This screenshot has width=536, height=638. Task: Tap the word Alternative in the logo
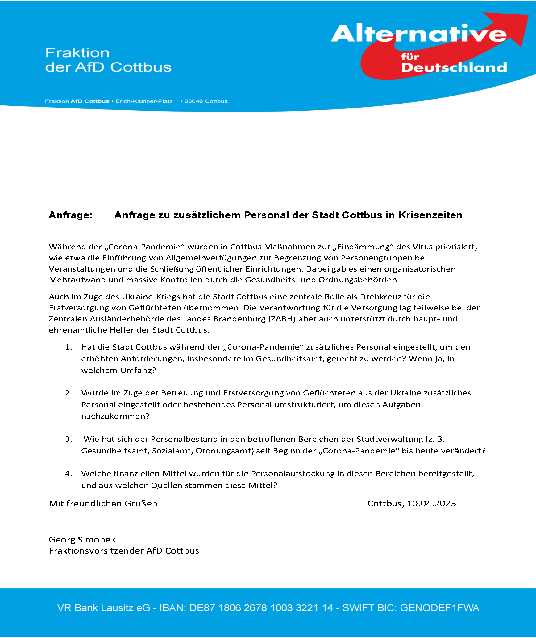tap(418, 34)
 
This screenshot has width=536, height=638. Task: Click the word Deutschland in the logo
tap(454, 67)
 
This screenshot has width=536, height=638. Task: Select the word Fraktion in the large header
tap(77, 53)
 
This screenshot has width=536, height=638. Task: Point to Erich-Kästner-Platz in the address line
tap(144, 101)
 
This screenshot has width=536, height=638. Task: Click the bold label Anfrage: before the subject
tap(71, 215)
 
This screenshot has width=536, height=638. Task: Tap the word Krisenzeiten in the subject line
tap(430, 215)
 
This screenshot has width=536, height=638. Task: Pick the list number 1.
tap(69, 347)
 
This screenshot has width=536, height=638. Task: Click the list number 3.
tap(69, 439)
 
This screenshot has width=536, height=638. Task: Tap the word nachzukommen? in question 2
tap(115, 416)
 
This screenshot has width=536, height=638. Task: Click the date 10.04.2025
tap(431, 504)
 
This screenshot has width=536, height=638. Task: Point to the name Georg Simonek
tap(82, 540)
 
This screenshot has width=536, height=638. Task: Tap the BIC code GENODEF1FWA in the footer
tap(439, 608)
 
